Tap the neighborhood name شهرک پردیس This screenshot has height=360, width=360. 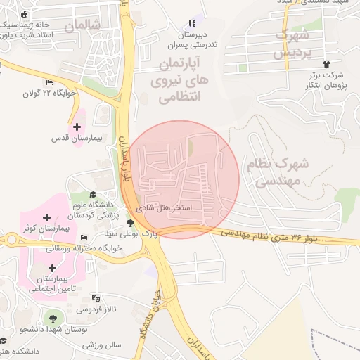coord(292,44)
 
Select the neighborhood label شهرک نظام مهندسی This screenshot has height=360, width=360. coord(278,172)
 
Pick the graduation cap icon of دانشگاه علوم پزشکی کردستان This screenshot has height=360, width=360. coord(93,194)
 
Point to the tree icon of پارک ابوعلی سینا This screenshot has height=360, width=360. coord(129,222)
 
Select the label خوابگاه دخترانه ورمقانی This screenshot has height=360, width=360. coord(84,248)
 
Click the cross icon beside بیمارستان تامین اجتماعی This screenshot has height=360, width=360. coord(52,267)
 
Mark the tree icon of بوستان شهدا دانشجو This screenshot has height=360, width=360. coord(54,318)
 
